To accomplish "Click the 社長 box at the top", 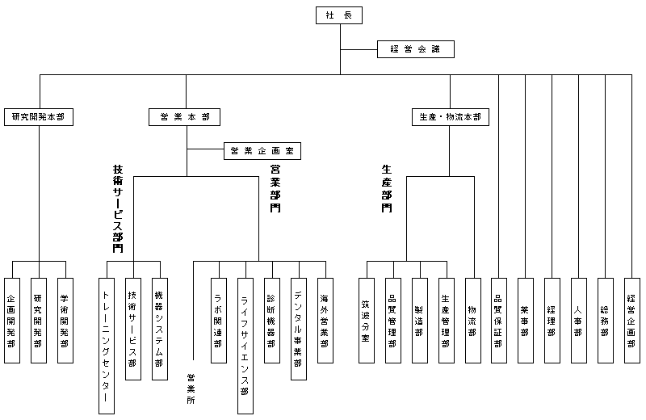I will click(339, 15).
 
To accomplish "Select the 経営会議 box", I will click(416, 49).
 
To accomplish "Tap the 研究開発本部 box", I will click(38, 117).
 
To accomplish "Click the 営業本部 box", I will click(185, 117).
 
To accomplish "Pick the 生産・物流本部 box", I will click(450, 117).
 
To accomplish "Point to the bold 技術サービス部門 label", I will click(118, 208).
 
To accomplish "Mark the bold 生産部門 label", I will click(387, 188).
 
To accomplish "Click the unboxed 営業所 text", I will click(191, 388).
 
